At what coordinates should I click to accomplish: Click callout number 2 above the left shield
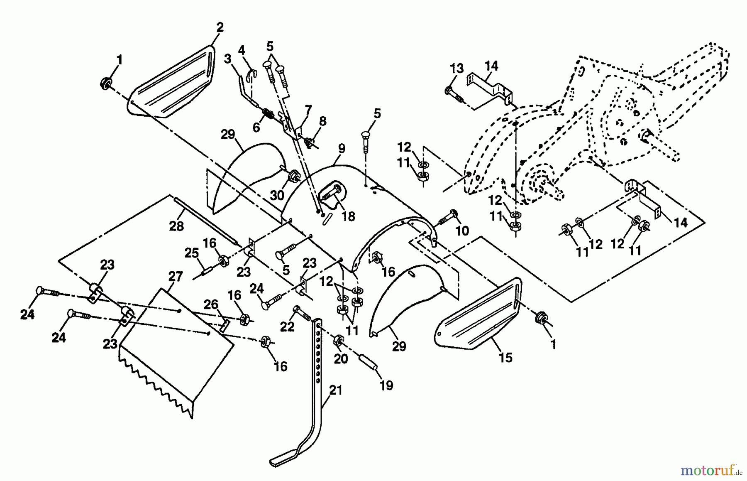coord(220,27)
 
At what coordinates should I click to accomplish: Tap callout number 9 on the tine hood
coord(341,148)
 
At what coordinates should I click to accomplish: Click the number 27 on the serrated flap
coord(176,277)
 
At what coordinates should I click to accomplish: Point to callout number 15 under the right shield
coord(505,357)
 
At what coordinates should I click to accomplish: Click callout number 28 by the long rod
coord(176,226)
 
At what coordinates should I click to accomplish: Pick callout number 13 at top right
coord(456,69)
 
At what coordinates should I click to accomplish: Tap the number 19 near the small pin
coord(386,385)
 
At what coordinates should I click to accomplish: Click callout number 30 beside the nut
coord(277,195)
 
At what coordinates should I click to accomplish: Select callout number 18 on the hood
coord(349,216)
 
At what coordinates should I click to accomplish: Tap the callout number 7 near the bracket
coord(308,110)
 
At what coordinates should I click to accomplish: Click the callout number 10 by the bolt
coord(462,231)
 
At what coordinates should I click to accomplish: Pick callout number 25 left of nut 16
coord(192,253)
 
